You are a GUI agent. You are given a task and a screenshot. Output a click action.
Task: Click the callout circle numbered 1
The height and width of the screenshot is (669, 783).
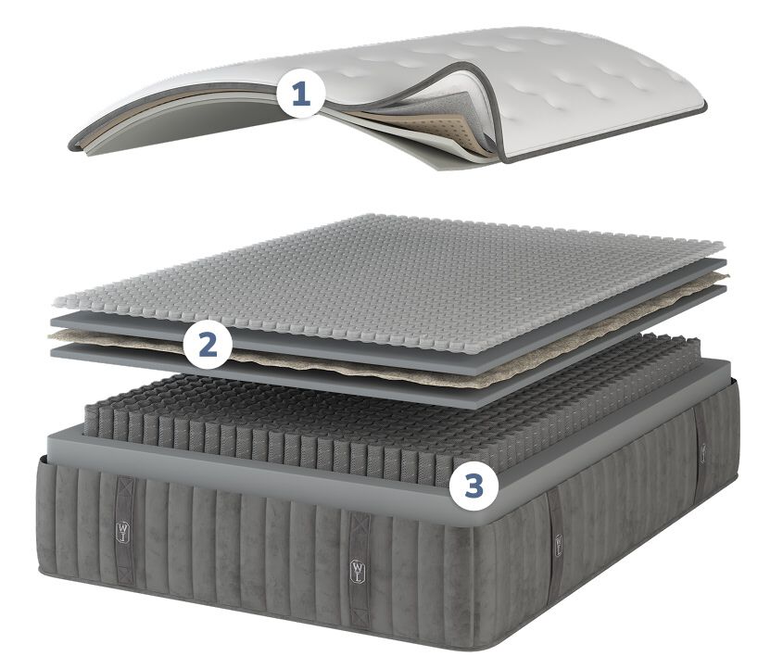coord(301,94)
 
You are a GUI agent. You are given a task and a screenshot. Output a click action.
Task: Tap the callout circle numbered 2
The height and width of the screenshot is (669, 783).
coord(208,345)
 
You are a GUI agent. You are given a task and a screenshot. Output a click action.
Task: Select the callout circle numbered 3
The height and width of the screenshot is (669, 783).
coord(474,486)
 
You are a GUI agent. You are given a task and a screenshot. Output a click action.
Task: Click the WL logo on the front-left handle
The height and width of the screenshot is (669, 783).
coord(123,532)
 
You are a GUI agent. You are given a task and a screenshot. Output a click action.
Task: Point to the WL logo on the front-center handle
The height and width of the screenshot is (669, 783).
coord(358,571)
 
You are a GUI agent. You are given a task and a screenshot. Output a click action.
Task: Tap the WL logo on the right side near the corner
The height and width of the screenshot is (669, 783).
coord(558,545)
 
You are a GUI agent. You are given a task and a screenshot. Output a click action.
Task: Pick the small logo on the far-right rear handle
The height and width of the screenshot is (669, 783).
coord(703,453)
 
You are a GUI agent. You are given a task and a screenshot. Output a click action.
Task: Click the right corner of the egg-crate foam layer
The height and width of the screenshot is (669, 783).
coord(723,244)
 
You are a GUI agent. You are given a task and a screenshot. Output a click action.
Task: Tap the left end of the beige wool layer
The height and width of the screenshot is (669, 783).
coord(49,335)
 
